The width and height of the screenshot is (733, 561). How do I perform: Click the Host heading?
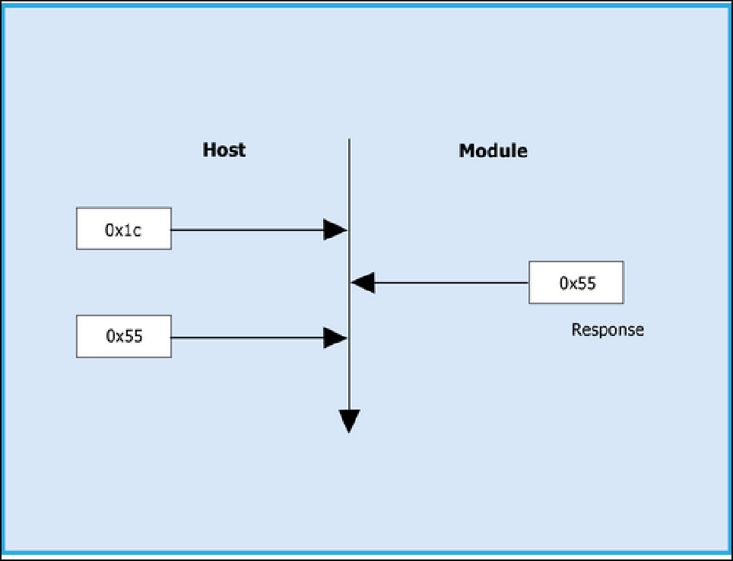point(224,149)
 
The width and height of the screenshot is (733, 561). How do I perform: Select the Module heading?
point(493,151)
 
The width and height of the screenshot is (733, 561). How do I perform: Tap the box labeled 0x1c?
point(123,229)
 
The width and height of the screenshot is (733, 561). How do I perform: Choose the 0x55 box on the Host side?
point(123,336)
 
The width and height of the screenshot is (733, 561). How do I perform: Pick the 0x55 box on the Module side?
point(576,283)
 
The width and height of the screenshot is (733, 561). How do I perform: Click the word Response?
point(607,330)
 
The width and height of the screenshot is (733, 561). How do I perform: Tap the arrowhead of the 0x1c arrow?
point(335,229)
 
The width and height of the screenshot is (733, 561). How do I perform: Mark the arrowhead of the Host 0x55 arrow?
point(335,337)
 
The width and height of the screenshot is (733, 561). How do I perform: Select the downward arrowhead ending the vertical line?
point(349,420)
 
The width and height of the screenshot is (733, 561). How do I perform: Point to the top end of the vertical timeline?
point(349,141)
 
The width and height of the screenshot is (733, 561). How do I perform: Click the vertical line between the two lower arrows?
point(349,310)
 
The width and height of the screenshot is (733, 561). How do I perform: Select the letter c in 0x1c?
point(136,230)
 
